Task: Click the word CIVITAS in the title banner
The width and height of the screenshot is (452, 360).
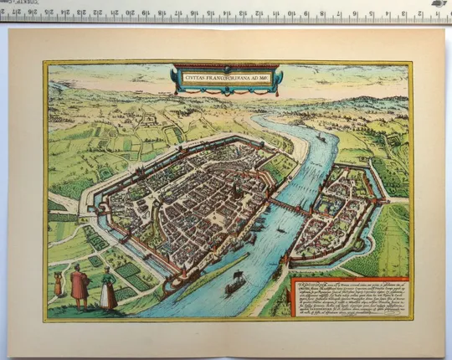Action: pos(196,78)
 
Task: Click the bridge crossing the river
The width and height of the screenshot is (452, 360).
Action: pos(290,205)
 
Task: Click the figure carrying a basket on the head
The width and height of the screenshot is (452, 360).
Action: pos(58,283)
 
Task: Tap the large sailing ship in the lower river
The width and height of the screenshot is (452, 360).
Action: pos(234,285)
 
